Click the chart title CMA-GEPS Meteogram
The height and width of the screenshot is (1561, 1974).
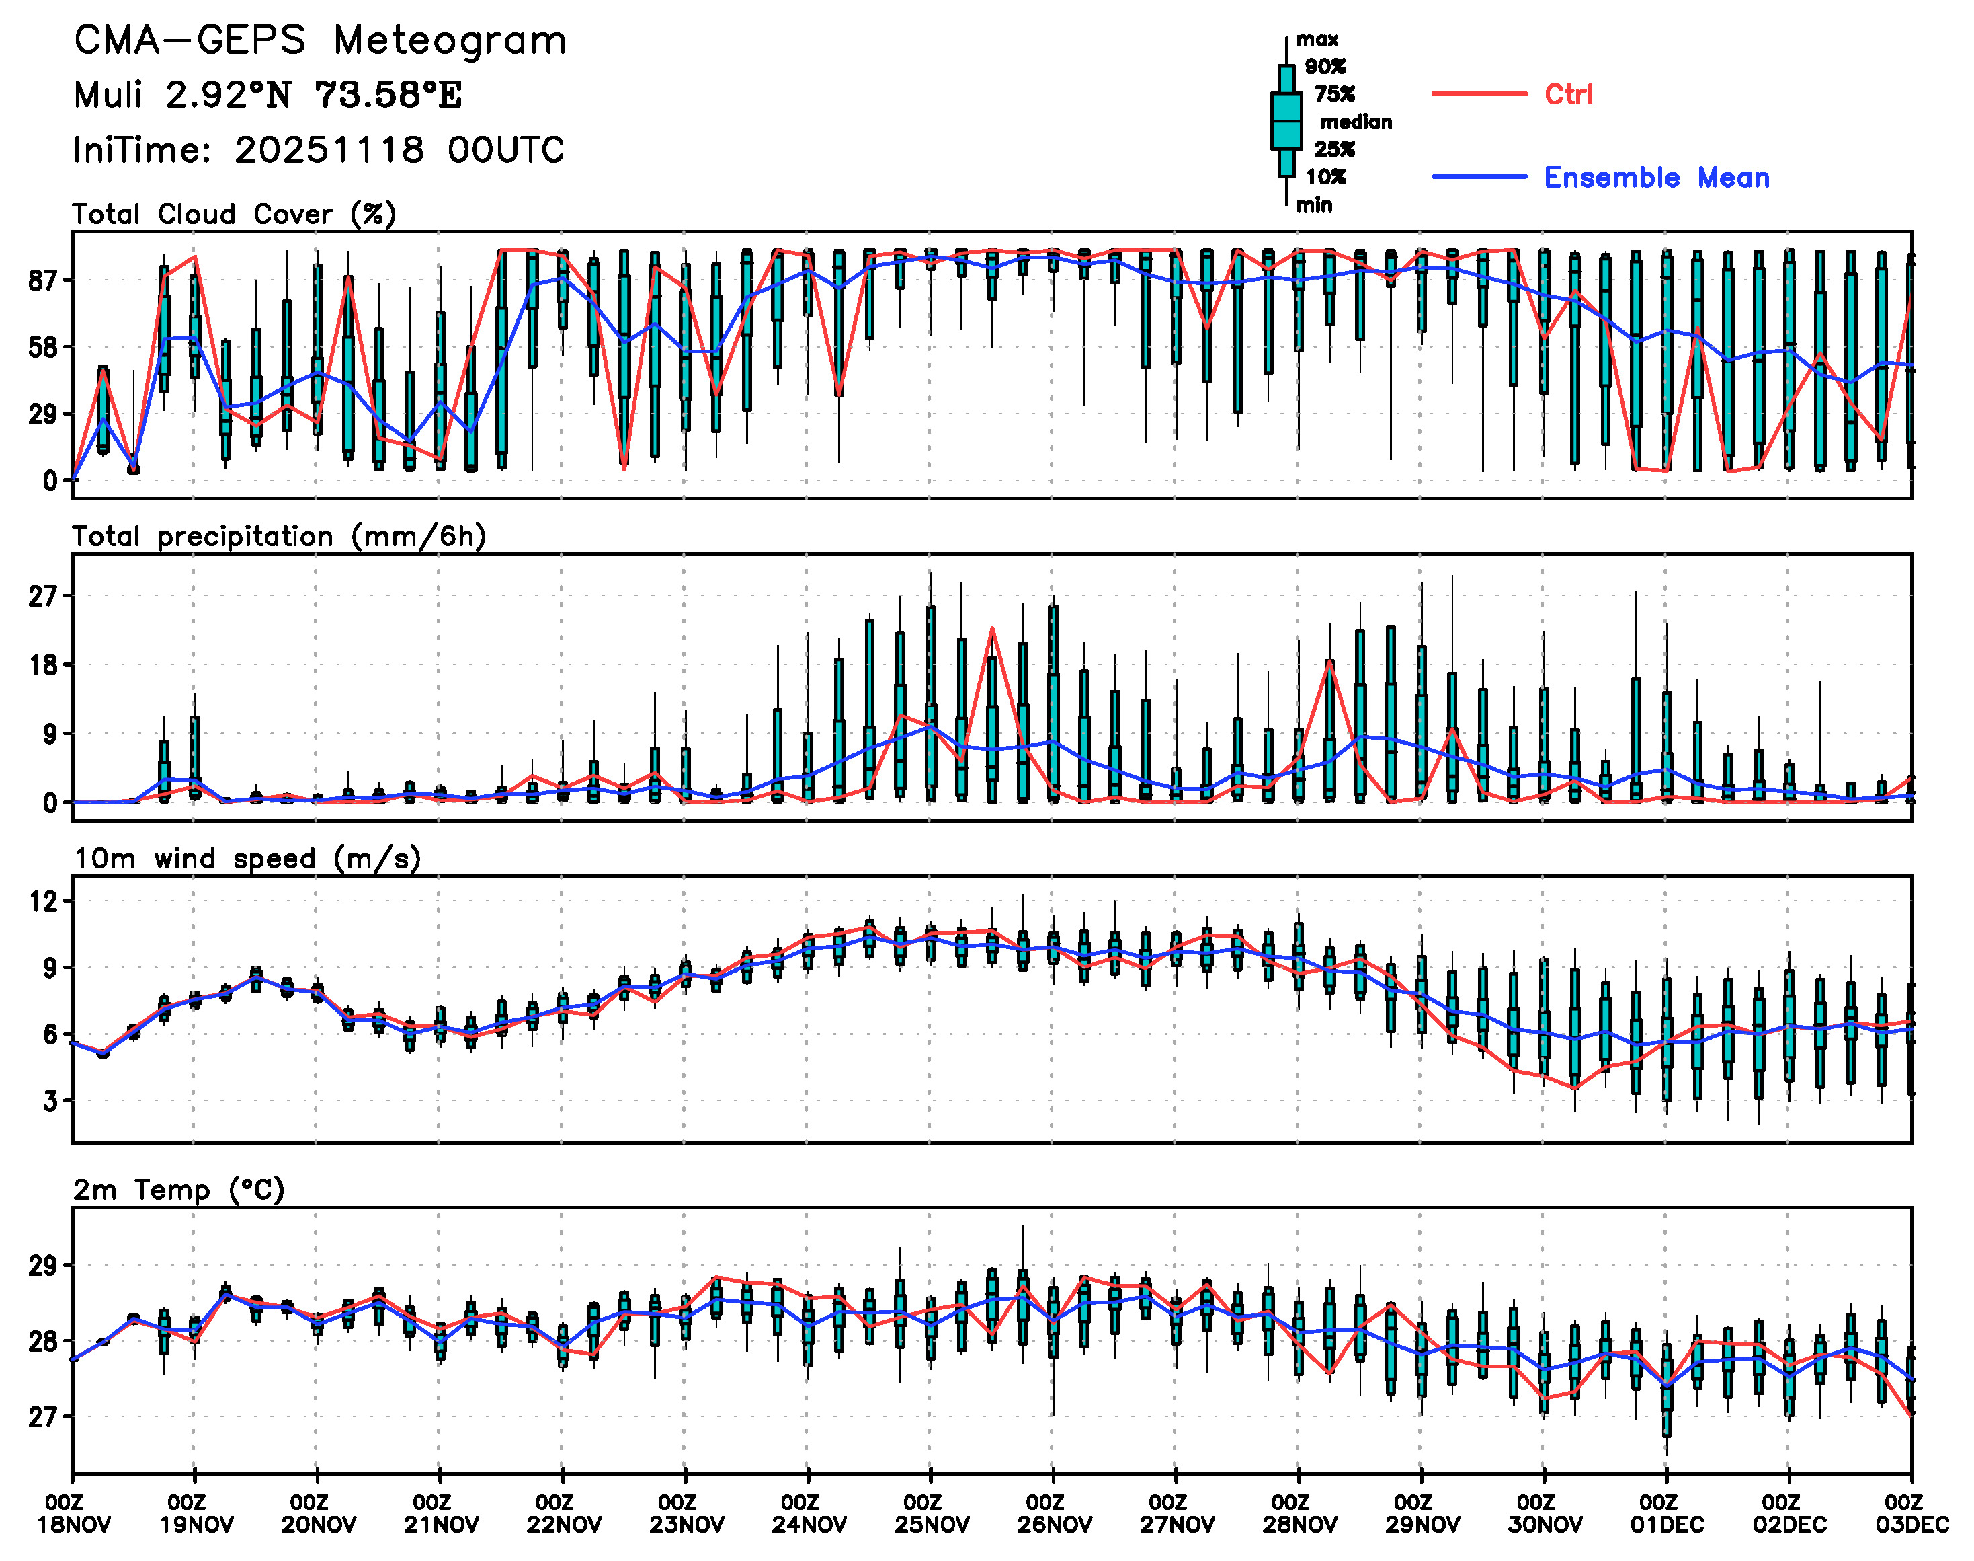point(320,40)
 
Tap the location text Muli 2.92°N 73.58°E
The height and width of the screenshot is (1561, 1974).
point(268,95)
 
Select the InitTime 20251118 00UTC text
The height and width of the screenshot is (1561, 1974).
point(319,150)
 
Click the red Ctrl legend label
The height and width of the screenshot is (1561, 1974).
point(1567,94)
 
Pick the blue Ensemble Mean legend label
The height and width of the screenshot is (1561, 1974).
point(1656,178)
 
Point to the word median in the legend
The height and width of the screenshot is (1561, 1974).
point(1356,122)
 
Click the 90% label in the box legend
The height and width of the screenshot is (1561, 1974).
point(1325,67)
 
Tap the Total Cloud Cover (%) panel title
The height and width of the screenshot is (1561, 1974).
point(234,215)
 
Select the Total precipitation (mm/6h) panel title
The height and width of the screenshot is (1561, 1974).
point(279,537)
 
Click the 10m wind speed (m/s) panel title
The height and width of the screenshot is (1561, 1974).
point(247,859)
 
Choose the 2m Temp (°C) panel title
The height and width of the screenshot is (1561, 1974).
point(179,1190)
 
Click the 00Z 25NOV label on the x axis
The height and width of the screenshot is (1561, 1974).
point(931,1513)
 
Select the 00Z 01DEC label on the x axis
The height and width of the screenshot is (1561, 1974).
point(1666,1513)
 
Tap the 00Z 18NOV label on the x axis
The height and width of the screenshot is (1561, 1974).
point(73,1513)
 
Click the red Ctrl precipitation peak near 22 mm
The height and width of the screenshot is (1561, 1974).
point(992,629)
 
